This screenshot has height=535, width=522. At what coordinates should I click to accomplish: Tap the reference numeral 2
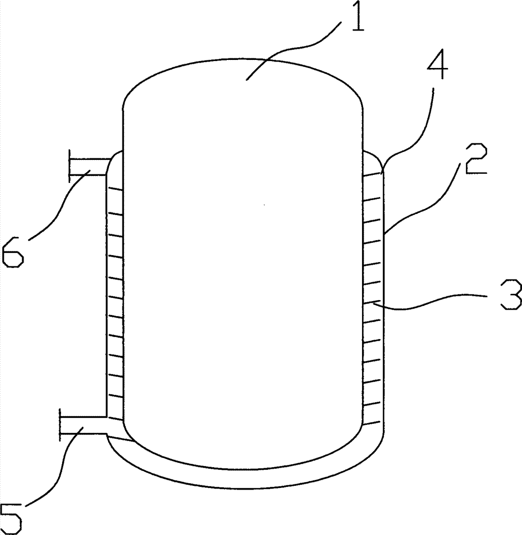(x=475, y=162)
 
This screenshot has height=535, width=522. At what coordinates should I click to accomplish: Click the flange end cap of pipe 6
(x=70, y=166)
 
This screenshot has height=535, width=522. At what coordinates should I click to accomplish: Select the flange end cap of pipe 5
(x=60, y=425)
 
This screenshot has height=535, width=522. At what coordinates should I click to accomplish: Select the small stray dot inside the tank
(x=264, y=205)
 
